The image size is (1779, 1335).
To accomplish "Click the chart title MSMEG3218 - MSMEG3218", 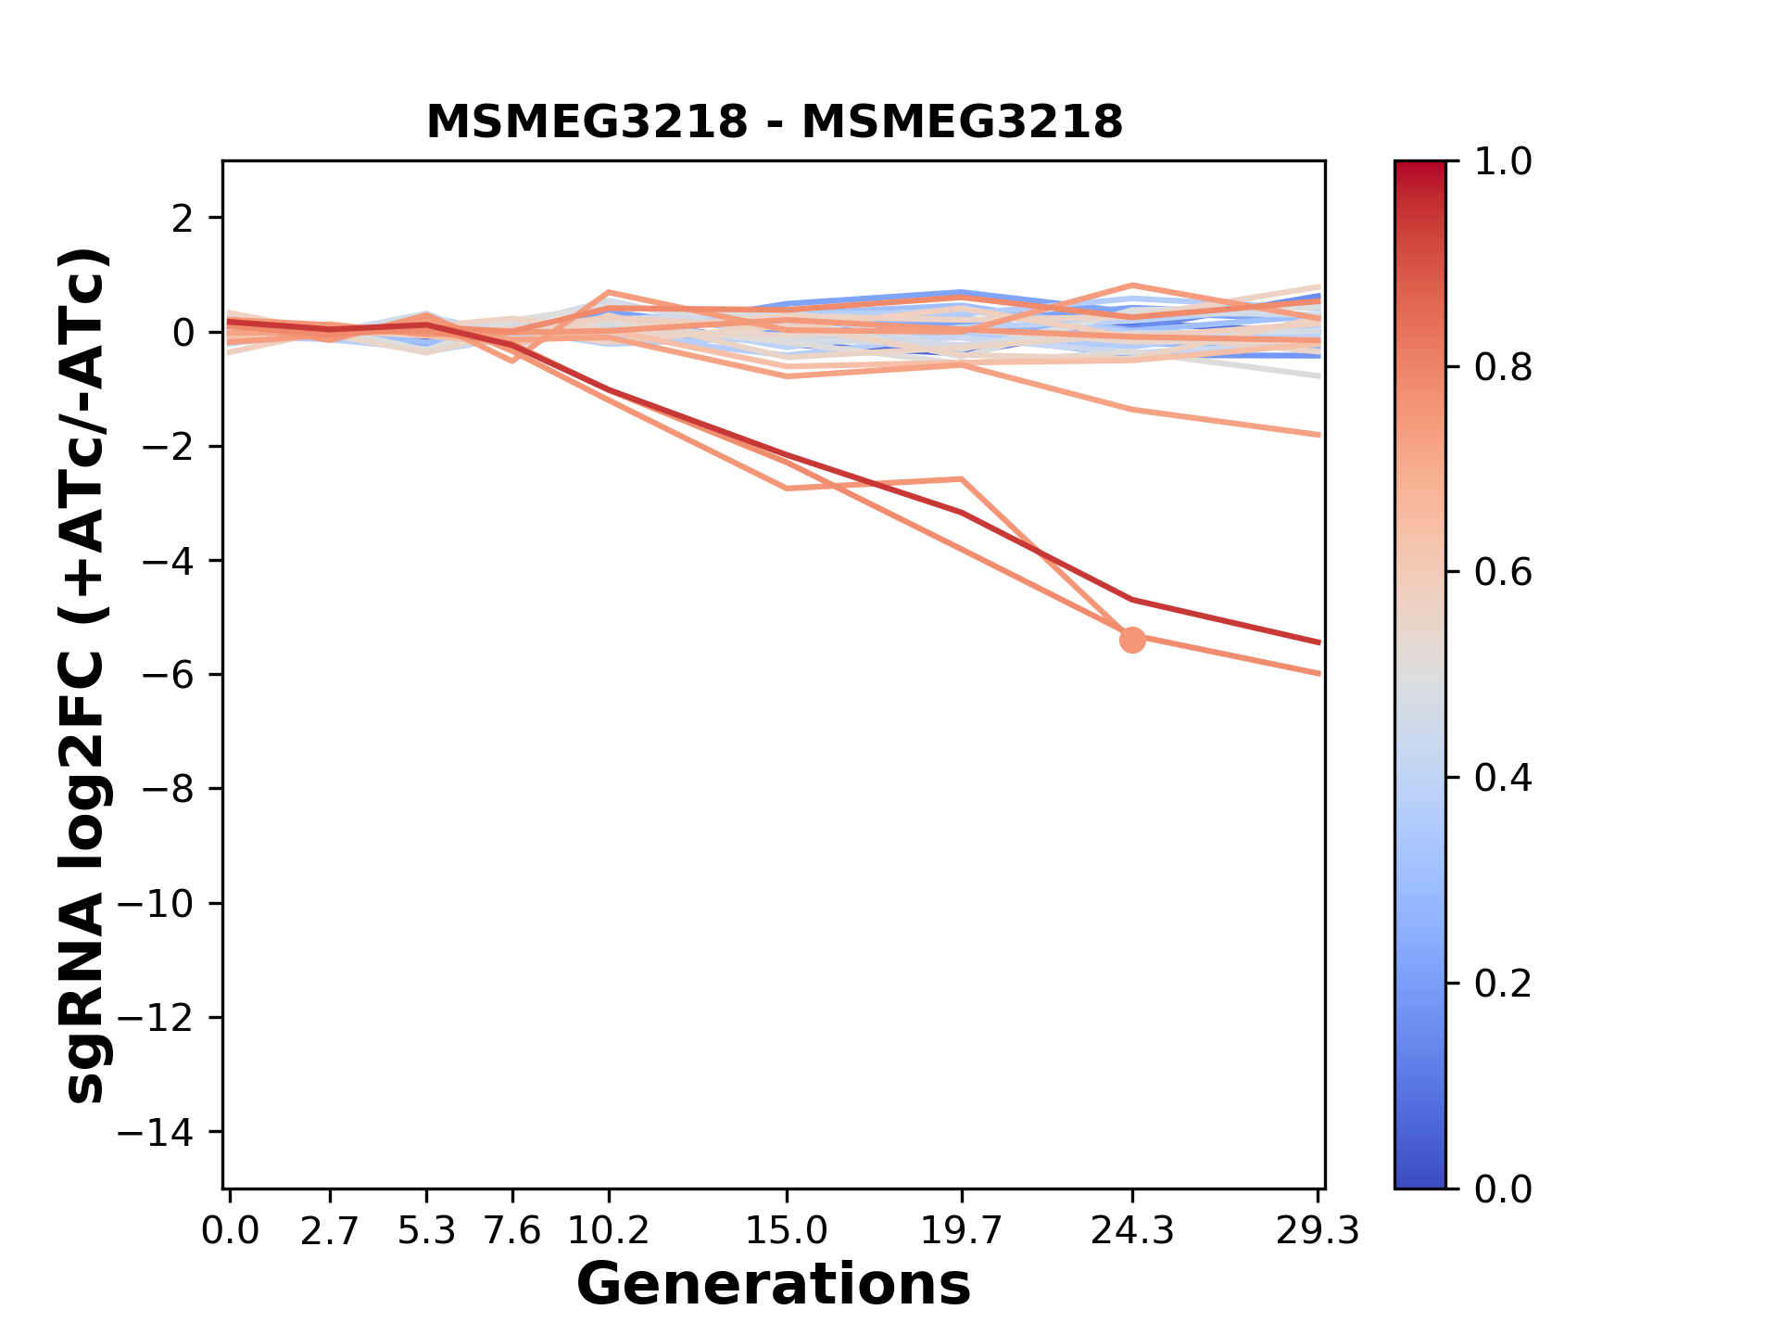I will (x=774, y=122).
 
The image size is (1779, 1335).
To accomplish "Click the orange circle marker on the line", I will (x=1132, y=639).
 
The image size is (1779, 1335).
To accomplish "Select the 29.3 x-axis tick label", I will (x=1318, y=1231).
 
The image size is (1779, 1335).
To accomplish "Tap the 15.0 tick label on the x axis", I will (x=787, y=1231).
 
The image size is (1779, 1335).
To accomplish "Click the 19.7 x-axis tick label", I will (x=962, y=1231).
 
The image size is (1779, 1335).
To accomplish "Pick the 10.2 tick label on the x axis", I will (x=608, y=1231).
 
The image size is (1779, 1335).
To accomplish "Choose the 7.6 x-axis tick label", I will (x=512, y=1231).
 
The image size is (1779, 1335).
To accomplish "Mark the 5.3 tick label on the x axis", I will (x=426, y=1231).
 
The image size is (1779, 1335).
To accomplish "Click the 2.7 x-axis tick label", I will (x=330, y=1231).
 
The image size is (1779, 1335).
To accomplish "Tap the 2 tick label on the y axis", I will (x=183, y=218).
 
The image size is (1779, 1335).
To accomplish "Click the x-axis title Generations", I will (x=774, y=1285).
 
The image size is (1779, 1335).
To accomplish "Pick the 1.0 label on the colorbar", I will (x=1503, y=162).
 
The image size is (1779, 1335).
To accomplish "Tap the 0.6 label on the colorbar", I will (x=1503, y=572).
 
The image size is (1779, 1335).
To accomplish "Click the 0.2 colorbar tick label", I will (x=1503, y=983).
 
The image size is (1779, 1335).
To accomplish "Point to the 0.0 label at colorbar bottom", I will (x=1503, y=1189).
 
